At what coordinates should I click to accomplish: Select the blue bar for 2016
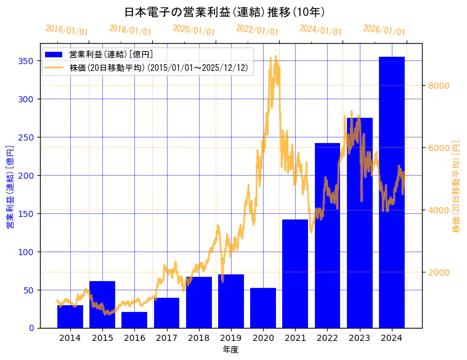coord(134,320)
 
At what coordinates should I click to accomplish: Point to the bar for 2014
coord(70,316)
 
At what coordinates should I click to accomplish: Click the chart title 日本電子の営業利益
coord(225,12)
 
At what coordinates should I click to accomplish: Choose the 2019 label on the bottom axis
coord(231,338)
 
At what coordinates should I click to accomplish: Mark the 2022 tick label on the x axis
coord(327,338)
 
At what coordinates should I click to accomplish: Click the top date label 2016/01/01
coord(67,30)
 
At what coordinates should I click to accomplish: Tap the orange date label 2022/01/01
coord(257,30)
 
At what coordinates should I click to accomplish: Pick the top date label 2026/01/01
coord(384,30)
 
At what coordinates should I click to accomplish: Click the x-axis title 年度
coord(230,350)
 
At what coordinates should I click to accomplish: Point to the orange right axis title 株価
coord(457,186)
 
